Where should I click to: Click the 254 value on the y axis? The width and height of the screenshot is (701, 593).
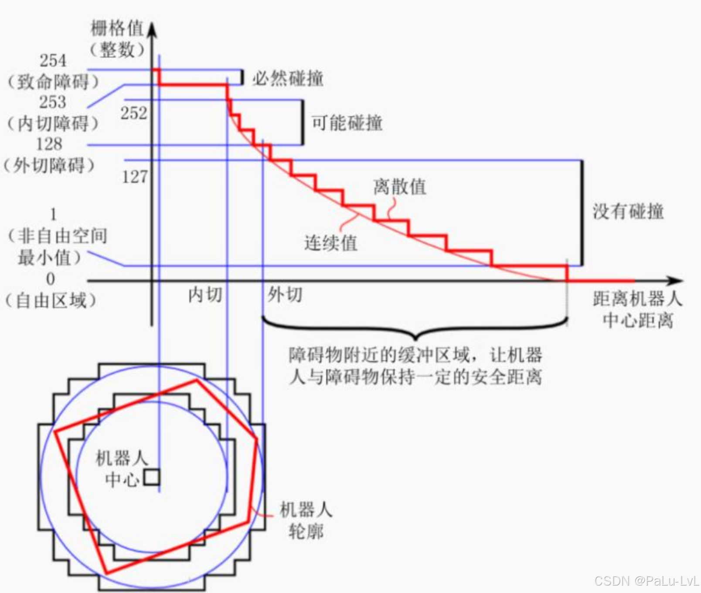53,61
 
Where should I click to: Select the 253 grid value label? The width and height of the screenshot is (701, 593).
53,102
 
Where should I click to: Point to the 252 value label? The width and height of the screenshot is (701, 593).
134,113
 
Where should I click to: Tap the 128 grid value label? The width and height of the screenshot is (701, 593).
49,144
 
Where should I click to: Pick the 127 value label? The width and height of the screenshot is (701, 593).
135,177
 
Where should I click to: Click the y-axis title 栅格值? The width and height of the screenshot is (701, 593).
117,29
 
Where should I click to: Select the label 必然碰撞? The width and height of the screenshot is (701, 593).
288,78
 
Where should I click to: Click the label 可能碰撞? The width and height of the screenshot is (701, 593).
347,123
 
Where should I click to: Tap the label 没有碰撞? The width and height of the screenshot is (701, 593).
628,211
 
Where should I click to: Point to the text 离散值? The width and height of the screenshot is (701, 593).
399,187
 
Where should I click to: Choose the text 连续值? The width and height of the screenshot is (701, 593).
331,243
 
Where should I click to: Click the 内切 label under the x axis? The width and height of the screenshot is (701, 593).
205,295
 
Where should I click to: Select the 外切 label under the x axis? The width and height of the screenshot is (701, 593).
285,295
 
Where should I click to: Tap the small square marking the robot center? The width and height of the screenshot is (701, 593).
152,477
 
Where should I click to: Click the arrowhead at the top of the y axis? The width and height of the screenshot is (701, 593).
152,30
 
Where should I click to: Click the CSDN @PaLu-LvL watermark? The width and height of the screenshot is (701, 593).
647,581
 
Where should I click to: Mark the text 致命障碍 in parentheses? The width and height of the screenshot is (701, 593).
53,82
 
